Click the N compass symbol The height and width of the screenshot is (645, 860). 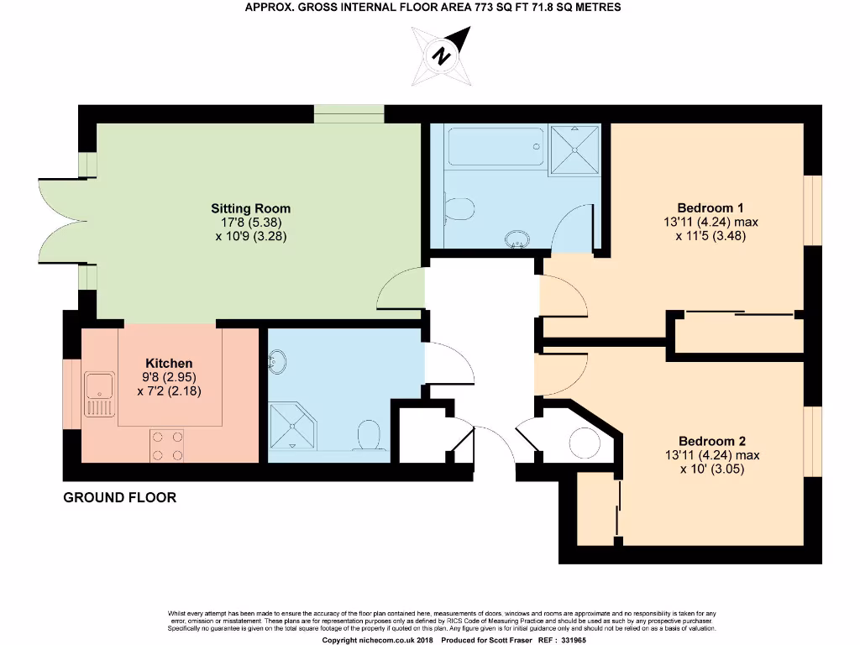pos(439,56)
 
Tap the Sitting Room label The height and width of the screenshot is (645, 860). pos(250,208)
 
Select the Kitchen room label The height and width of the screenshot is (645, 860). pos(169,363)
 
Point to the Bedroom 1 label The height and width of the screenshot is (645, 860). pos(711,207)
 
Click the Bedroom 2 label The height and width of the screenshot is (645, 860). pos(711,441)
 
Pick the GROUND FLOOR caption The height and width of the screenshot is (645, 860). pos(120,497)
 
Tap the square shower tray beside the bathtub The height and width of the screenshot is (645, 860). pos(575,149)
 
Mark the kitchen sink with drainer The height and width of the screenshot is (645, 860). pos(100,395)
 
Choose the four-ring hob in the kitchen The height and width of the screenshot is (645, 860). pos(166,445)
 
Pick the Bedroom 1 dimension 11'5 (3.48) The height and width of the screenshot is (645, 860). pos(711,236)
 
